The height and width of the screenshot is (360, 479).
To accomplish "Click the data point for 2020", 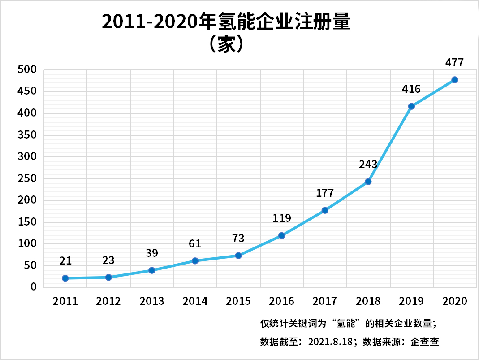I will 454,80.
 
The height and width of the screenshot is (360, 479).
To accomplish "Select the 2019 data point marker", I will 411,106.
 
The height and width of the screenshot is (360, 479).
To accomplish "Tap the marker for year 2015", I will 238,256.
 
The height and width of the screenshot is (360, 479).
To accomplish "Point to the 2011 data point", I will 65,278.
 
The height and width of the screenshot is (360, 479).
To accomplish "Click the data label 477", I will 454,62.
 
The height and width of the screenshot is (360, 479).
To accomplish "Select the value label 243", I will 368,164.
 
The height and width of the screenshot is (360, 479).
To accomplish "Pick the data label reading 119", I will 282,218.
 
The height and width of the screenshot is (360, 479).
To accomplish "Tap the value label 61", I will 195,244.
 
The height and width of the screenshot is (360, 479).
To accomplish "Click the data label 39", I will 152,253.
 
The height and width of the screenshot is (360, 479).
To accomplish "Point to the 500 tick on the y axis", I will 27,70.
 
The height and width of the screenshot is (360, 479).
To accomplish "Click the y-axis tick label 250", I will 27,179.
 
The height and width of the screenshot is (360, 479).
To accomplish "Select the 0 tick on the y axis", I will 33,287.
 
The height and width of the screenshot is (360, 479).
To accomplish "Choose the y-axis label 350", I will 27,135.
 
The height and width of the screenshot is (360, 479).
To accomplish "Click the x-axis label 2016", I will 282,301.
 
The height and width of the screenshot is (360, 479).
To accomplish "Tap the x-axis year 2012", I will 108,301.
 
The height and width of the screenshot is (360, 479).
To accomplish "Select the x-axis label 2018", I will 368,301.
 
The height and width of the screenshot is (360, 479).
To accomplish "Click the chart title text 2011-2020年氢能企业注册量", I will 226,22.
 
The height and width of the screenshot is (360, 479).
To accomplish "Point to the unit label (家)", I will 226,45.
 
